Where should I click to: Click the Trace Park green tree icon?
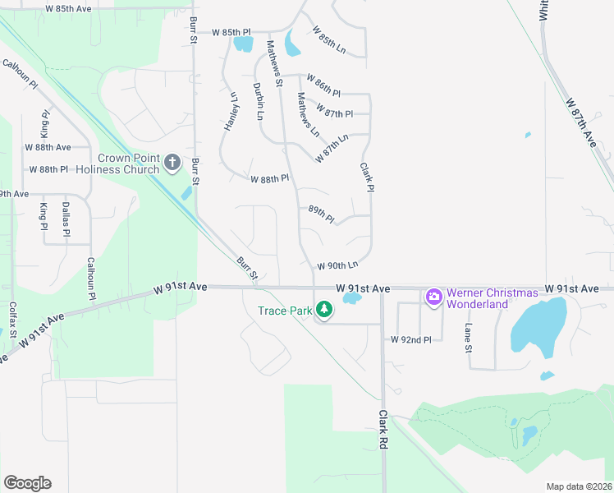325,310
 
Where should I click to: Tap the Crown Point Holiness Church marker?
172,162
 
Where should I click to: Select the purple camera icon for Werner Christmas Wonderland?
433,297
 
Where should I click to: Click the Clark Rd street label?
383,428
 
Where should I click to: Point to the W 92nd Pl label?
410,339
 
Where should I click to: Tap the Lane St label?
469,338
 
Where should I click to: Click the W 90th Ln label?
338,265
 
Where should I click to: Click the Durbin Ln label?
258,102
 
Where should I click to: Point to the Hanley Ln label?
231,111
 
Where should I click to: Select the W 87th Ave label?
580,123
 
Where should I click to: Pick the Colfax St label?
12,317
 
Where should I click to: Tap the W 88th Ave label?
48,147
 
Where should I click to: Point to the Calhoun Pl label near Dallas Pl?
91,279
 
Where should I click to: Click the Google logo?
27,482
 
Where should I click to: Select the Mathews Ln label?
308,115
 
